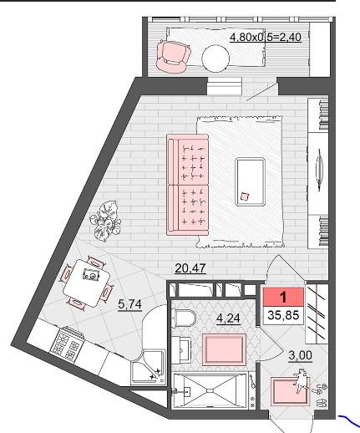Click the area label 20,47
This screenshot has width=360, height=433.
190,268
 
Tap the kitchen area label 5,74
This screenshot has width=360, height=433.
129,304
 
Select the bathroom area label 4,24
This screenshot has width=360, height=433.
228,318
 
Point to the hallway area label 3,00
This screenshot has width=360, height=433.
300,355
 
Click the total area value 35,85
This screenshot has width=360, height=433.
283,315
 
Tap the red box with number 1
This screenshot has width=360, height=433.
283,297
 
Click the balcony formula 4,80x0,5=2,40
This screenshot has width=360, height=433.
266,37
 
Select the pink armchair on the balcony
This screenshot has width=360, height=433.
173,57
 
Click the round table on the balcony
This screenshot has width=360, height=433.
215,59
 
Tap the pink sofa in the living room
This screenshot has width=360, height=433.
187,185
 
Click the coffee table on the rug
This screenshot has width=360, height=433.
250,181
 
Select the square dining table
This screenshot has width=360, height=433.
86,283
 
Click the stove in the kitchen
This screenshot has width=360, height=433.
67,343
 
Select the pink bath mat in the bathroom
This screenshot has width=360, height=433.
224,349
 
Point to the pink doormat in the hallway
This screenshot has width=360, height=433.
290,391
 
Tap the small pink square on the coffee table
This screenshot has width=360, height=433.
245,196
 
